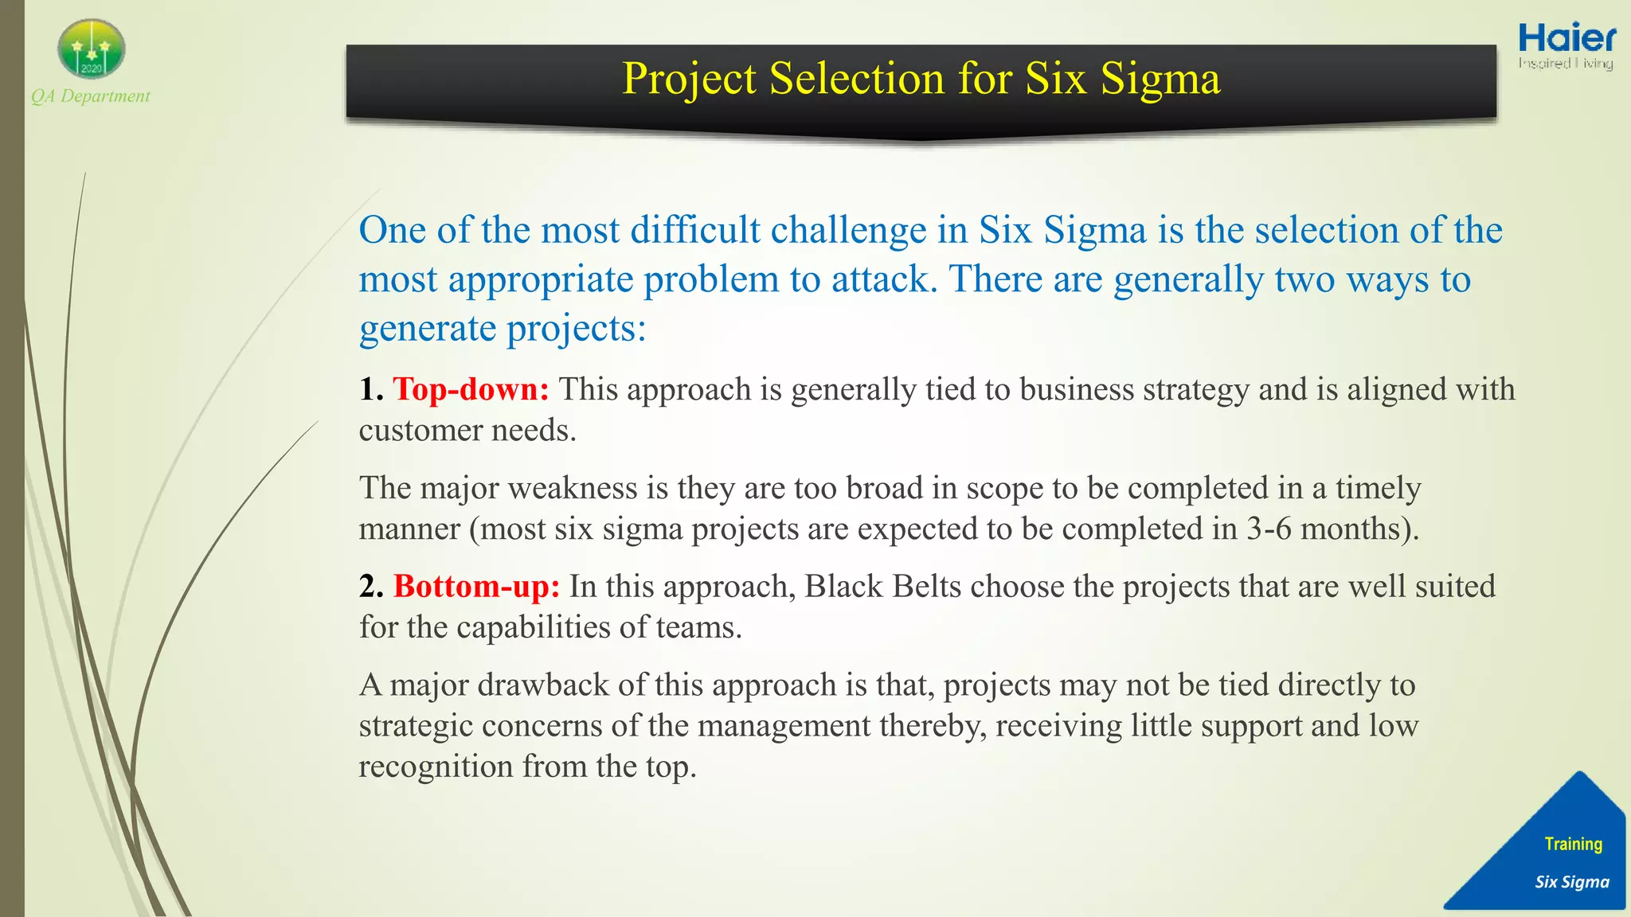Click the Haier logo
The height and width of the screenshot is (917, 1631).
click(x=1566, y=38)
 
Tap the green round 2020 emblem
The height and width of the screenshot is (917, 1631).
click(x=92, y=49)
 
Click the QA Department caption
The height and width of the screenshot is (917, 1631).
click(x=91, y=96)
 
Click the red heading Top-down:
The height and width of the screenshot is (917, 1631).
click(x=471, y=389)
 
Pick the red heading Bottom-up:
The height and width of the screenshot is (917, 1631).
click(x=476, y=587)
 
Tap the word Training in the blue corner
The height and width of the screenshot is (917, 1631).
click(x=1573, y=844)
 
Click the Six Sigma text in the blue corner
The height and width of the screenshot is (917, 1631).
click(x=1572, y=882)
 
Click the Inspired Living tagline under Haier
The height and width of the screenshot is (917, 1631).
click(x=1566, y=63)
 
